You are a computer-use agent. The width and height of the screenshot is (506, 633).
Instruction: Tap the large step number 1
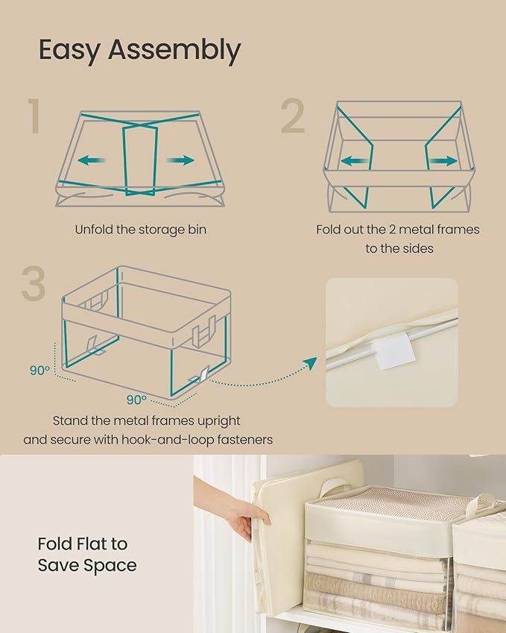(x=34, y=117)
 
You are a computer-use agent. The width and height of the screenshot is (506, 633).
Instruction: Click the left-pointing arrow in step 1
(x=92, y=160)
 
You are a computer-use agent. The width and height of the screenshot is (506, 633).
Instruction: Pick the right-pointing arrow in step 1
(x=181, y=160)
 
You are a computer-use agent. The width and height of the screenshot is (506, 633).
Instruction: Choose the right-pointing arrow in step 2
(x=444, y=160)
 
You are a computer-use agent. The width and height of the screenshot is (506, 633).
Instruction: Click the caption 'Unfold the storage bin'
(x=140, y=230)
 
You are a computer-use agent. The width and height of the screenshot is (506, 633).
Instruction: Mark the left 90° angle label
(x=39, y=370)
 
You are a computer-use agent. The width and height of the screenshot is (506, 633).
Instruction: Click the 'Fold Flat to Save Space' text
(x=87, y=554)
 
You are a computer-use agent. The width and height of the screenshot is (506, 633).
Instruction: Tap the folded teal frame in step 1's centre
(x=140, y=159)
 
